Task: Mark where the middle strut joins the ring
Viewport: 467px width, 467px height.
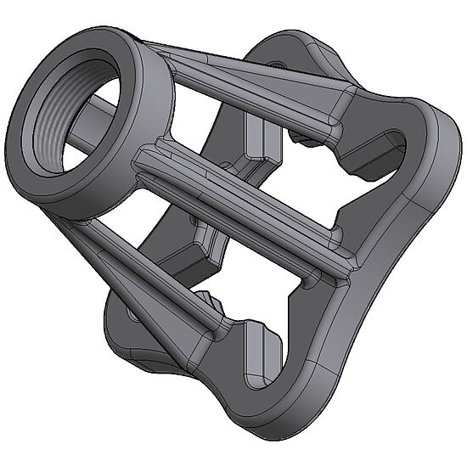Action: pyautogui.click(x=149, y=157)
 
